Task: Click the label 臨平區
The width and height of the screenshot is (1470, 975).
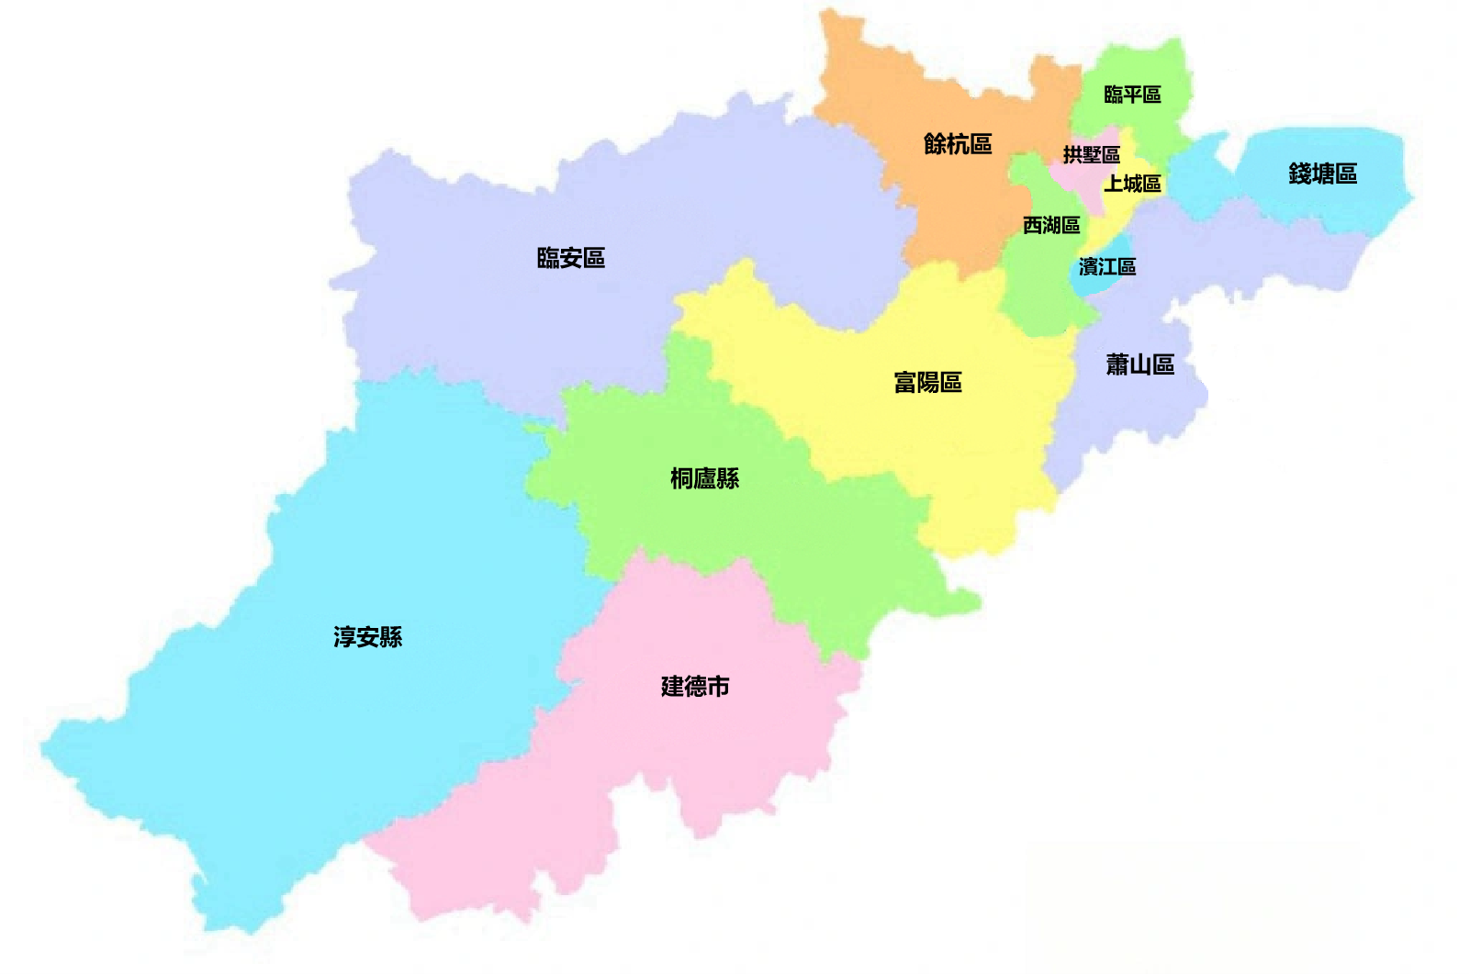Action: pos(1132,95)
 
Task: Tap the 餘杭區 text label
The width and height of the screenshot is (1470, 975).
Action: pos(958,144)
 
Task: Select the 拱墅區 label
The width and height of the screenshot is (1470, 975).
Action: pos(1092,155)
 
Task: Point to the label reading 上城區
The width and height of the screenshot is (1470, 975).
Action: pos(1132,184)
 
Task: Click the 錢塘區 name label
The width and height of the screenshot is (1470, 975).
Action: pos(1322,174)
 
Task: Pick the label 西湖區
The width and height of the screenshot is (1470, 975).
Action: pos(1051,225)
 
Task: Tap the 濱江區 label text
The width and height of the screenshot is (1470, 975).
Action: pos(1107,267)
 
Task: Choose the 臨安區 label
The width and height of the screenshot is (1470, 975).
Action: pos(571,258)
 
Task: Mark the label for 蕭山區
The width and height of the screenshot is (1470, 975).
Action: pos(1139,364)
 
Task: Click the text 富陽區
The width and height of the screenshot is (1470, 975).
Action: pos(927,382)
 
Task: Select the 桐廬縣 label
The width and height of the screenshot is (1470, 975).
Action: pos(704,478)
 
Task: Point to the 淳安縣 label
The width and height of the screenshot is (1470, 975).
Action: pos(367,636)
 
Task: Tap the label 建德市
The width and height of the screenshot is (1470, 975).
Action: pos(695,686)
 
